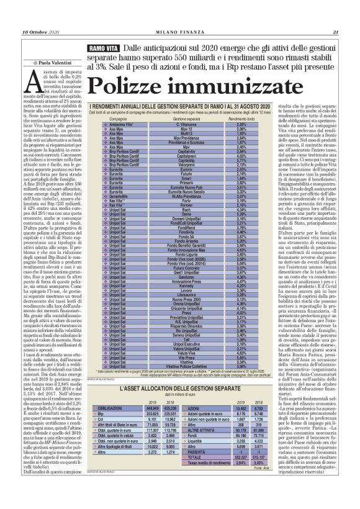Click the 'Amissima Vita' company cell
[122, 124]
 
